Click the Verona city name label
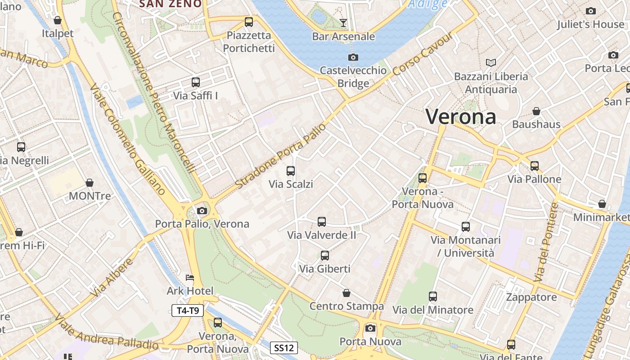click(461, 117)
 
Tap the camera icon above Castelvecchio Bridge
click(353, 57)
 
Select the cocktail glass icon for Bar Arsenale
click(344, 22)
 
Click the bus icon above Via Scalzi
click(291, 171)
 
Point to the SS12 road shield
click(284, 348)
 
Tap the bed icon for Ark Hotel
click(190, 278)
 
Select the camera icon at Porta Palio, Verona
click(202, 211)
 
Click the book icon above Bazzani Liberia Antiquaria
click(490, 63)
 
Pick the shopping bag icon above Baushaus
click(536, 111)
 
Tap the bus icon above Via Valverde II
click(322, 221)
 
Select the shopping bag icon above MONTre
click(90, 183)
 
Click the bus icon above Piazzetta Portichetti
click(249, 22)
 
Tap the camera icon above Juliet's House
click(591, 11)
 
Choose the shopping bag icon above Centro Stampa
click(346, 293)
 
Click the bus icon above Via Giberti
click(325, 256)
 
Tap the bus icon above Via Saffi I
click(196, 82)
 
